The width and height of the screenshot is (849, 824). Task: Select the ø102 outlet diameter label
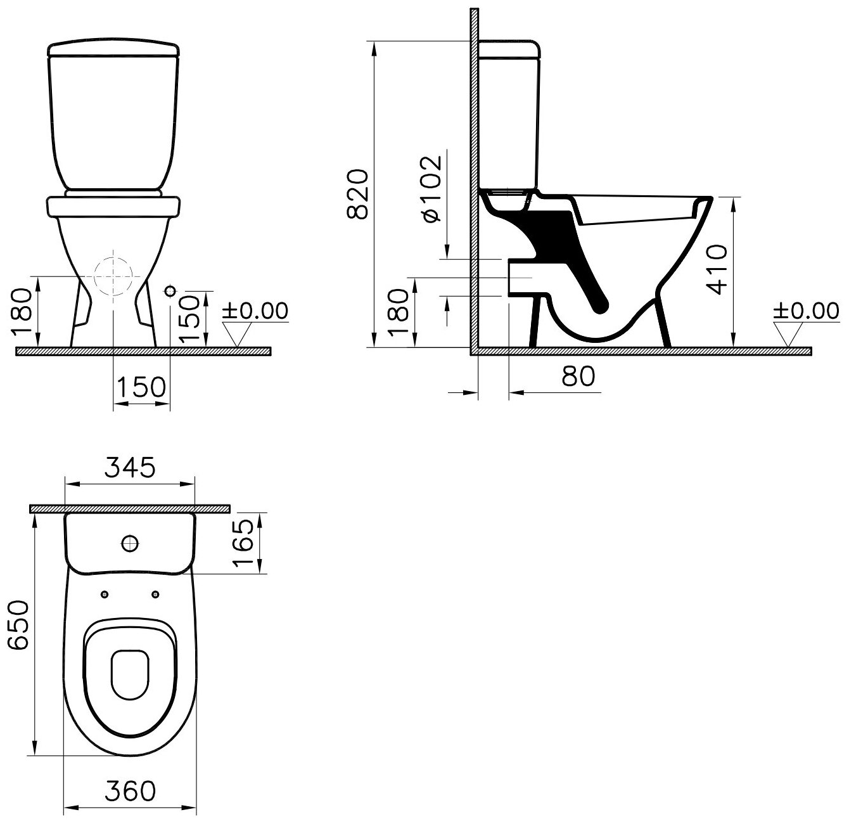(433, 188)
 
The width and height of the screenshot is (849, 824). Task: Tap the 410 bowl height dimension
(717, 269)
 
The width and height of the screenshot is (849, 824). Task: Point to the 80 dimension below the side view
(578, 376)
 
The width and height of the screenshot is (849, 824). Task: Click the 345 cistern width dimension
(130, 467)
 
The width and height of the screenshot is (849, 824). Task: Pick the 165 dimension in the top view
(243, 543)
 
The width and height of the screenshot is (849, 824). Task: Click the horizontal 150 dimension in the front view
(141, 387)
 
